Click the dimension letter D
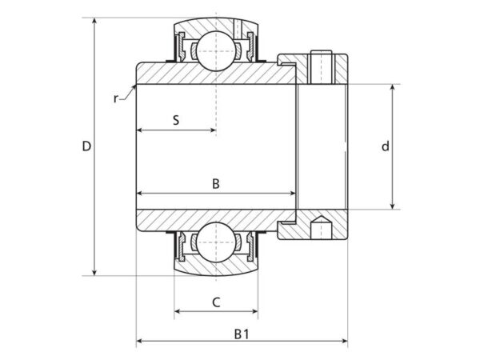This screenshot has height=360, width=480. click(x=86, y=146)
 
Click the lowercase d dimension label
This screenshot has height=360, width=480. click(x=386, y=146)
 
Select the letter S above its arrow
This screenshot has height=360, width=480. click(x=176, y=120)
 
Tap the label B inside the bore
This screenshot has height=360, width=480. click(x=216, y=184)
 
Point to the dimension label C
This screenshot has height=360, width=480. click(x=216, y=302)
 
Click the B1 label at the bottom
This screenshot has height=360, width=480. click(x=242, y=334)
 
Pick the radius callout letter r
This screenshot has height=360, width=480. click(x=115, y=98)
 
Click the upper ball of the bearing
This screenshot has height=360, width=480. click(x=216, y=51)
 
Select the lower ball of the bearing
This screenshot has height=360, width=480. click(x=216, y=242)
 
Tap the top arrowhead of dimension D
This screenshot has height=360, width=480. click(x=94, y=21)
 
